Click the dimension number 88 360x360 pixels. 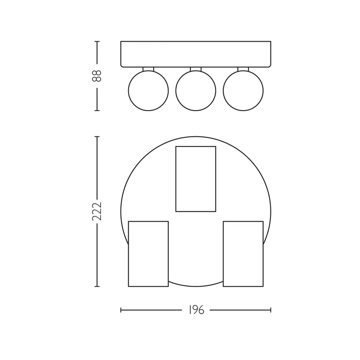[x=97, y=76]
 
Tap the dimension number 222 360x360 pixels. [x=97, y=211]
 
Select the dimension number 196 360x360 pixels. [x=196, y=310]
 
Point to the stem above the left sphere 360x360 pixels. [x=148, y=69]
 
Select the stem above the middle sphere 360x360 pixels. [x=196, y=69]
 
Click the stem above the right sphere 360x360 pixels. [x=243, y=69]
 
